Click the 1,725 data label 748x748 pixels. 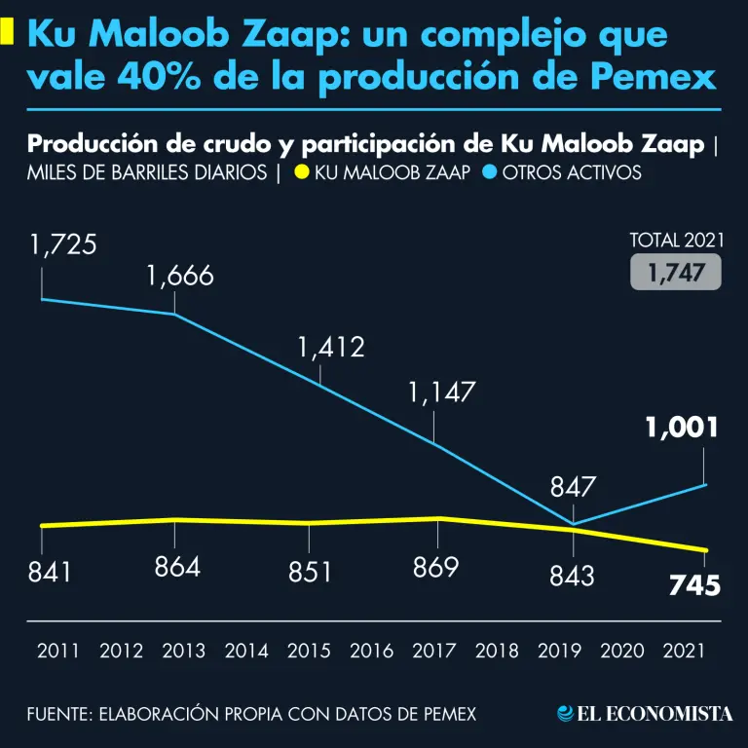click(63, 244)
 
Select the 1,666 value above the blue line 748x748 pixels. click(180, 276)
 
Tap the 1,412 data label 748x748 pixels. click(331, 347)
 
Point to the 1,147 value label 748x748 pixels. click(442, 393)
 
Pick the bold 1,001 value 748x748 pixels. click(682, 427)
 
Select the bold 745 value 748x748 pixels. click(694, 585)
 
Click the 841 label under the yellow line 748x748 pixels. click(50, 572)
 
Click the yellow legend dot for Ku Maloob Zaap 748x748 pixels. click(302, 173)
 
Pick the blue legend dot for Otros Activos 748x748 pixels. click(490, 173)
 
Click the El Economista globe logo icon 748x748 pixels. click(564, 714)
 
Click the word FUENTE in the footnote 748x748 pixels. click(56, 714)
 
